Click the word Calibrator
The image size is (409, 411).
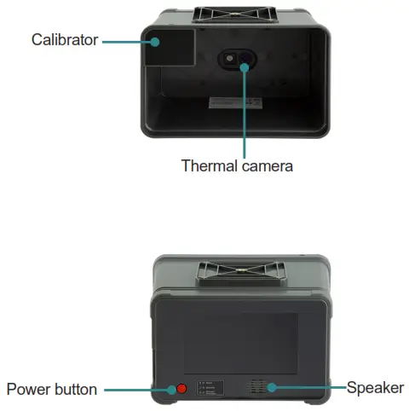point(65,39)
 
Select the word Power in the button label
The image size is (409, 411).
point(32,389)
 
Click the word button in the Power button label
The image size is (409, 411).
point(78,389)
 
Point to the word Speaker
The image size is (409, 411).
point(375,388)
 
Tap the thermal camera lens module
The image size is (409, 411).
point(238,59)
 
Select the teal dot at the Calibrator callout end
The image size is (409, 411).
point(157,40)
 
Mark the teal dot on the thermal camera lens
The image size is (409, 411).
point(245,64)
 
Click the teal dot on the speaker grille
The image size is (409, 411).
point(272,388)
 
